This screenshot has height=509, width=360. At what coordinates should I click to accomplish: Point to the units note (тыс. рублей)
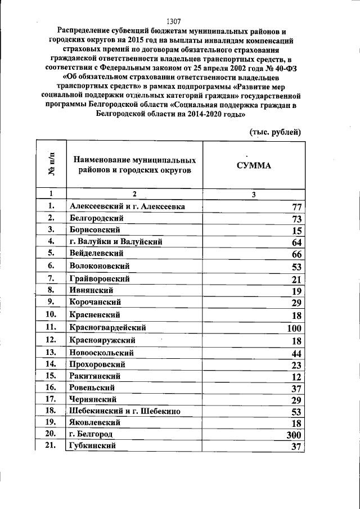click(x=276, y=132)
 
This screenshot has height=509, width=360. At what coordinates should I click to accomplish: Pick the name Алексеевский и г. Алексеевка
click(x=127, y=206)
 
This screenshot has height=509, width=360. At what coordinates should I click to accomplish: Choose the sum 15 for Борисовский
click(x=298, y=230)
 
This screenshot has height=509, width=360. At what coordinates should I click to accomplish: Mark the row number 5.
click(x=51, y=253)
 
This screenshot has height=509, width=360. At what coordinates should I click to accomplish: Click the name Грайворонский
click(x=100, y=278)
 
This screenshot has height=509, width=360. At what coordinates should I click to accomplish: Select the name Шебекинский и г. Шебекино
click(x=125, y=411)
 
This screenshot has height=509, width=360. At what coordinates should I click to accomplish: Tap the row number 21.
click(x=51, y=445)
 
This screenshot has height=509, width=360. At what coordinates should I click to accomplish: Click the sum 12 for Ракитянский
click(x=298, y=376)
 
